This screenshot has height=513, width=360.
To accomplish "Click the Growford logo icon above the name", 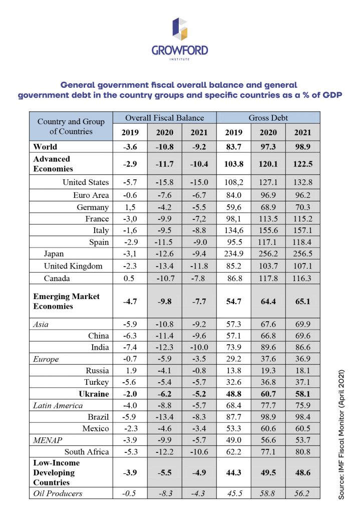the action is (x=180, y=29).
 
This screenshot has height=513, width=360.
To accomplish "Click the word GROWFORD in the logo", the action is (x=180, y=51).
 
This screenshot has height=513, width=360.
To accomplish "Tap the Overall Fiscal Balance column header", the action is (x=164, y=118).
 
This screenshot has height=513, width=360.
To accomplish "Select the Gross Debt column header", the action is (x=268, y=118).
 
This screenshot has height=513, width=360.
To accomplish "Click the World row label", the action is (x=45, y=147).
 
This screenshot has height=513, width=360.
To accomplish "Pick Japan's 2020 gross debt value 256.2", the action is (x=268, y=254).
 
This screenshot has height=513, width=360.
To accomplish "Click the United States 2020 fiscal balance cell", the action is (x=164, y=182).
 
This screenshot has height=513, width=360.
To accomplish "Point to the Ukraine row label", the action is (x=94, y=394).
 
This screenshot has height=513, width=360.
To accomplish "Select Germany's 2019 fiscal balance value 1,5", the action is (x=130, y=207).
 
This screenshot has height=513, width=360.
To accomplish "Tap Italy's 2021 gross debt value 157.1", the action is (x=303, y=230).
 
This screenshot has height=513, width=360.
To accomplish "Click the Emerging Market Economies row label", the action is (x=67, y=301).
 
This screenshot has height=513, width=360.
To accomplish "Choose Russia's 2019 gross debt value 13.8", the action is (x=233, y=371).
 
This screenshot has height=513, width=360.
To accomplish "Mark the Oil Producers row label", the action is (x=58, y=493).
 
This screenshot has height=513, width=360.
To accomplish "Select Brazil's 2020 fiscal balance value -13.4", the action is (x=164, y=417).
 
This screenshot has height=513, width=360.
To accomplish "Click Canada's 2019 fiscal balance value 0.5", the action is (x=129, y=279).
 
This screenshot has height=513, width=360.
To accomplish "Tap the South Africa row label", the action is (x=87, y=452).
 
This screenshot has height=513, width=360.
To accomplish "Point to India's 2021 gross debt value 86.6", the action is (x=303, y=348).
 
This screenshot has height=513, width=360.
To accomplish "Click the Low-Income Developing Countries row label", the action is (x=54, y=472).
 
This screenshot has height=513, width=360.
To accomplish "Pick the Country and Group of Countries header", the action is (x=71, y=126).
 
